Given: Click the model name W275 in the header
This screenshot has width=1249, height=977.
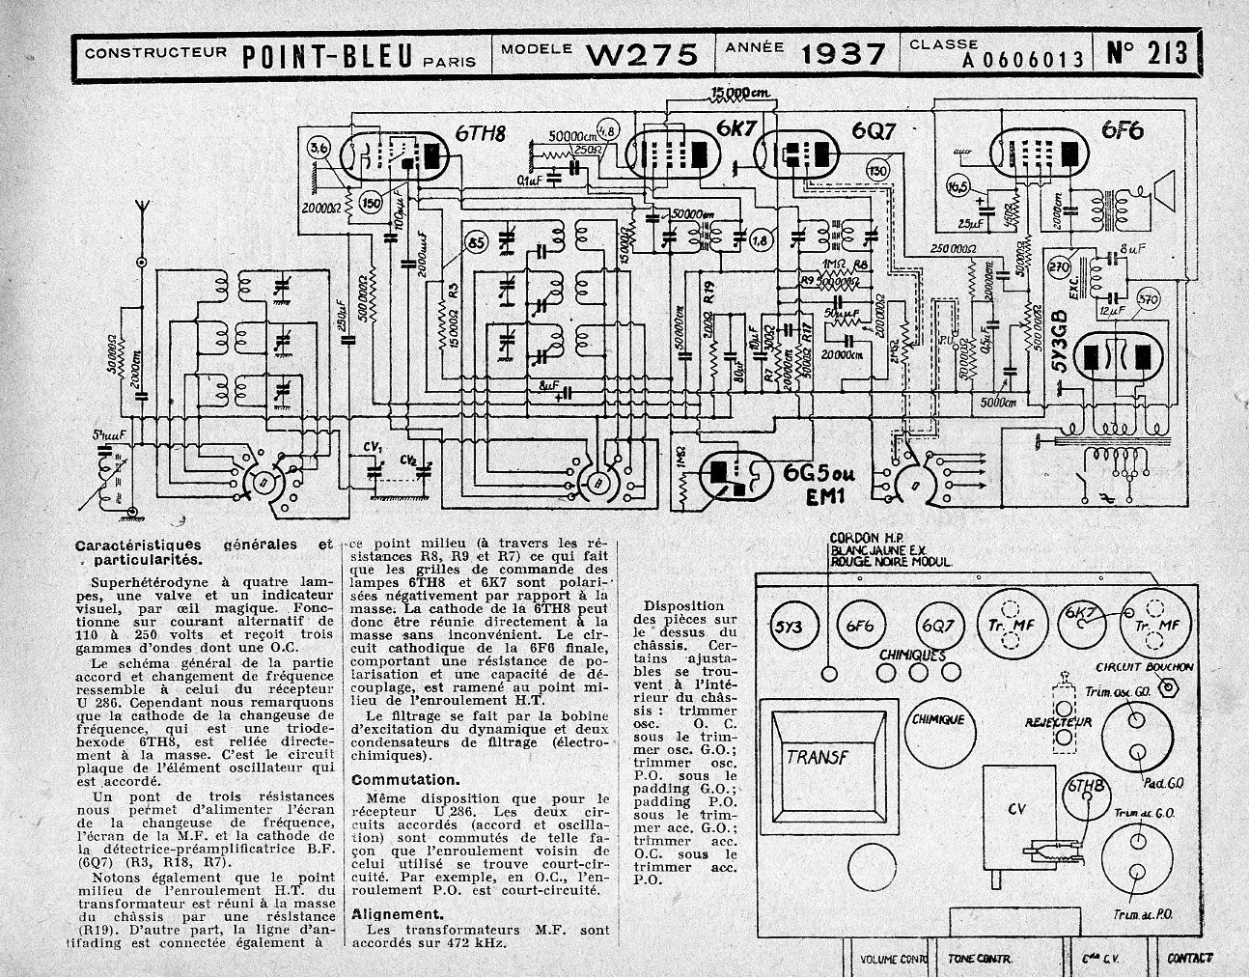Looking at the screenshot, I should (642, 54).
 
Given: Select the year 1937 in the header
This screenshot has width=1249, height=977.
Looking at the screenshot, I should (842, 54).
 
